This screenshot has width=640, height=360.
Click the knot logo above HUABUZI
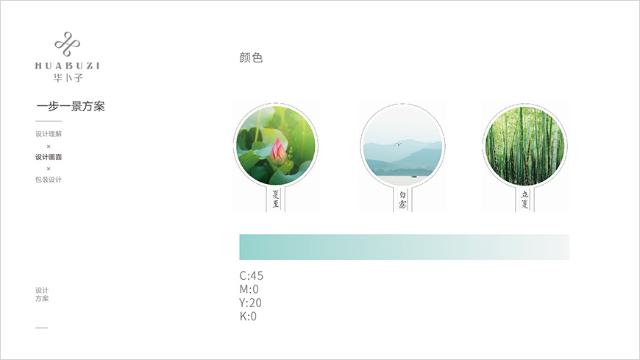point(67,45)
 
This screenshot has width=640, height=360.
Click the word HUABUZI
point(68,66)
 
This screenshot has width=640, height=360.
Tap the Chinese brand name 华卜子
point(68,77)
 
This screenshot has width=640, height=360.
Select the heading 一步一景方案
point(71,107)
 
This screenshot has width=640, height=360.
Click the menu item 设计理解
point(49,134)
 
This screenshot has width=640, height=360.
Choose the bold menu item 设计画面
point(49,157)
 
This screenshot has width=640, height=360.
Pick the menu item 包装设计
point(49,180)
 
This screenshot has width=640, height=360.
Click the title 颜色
point(251,57)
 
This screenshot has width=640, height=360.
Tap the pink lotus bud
point(278,150)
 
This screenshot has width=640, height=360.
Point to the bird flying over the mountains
point(398,144)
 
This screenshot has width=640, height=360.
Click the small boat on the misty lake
point(413,176)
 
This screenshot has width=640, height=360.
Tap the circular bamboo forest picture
point(525,145)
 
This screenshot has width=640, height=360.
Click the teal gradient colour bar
point(404,247)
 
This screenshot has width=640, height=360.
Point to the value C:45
point(252,276)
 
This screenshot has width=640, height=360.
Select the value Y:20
point(251,303)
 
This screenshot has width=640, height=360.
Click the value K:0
point(248,317)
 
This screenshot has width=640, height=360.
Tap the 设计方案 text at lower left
point(42,294)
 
